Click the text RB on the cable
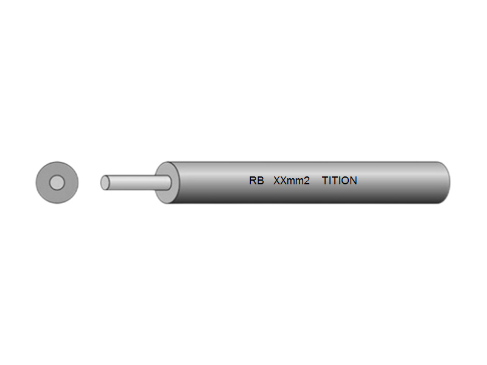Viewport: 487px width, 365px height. click(256, 181)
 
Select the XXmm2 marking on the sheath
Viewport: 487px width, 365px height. click(292, 181)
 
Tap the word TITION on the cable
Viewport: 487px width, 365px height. click(340, 181)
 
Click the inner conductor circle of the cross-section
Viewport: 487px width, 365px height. click(57, 182)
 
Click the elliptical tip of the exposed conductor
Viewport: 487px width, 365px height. click(105, 182)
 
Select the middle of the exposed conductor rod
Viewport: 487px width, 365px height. click(136, 182)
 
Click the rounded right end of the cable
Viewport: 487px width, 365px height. click(445, 182)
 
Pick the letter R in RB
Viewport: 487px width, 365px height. click(253, 181)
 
